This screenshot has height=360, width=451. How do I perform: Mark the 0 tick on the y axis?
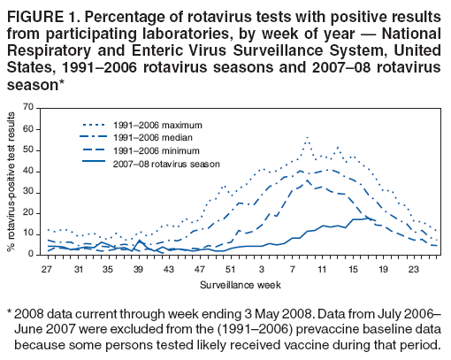coord(30,254)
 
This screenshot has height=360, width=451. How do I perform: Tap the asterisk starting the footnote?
coord(9,312)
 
